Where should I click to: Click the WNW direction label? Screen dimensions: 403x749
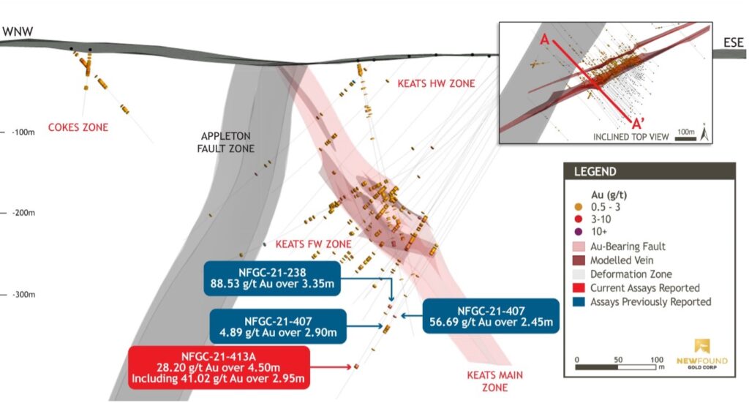20,32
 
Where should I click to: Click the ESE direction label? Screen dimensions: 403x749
731,42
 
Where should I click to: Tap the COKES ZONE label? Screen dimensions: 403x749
78,127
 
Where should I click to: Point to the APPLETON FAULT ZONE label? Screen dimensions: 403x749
229,143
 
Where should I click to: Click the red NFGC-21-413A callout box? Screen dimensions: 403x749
218,366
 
